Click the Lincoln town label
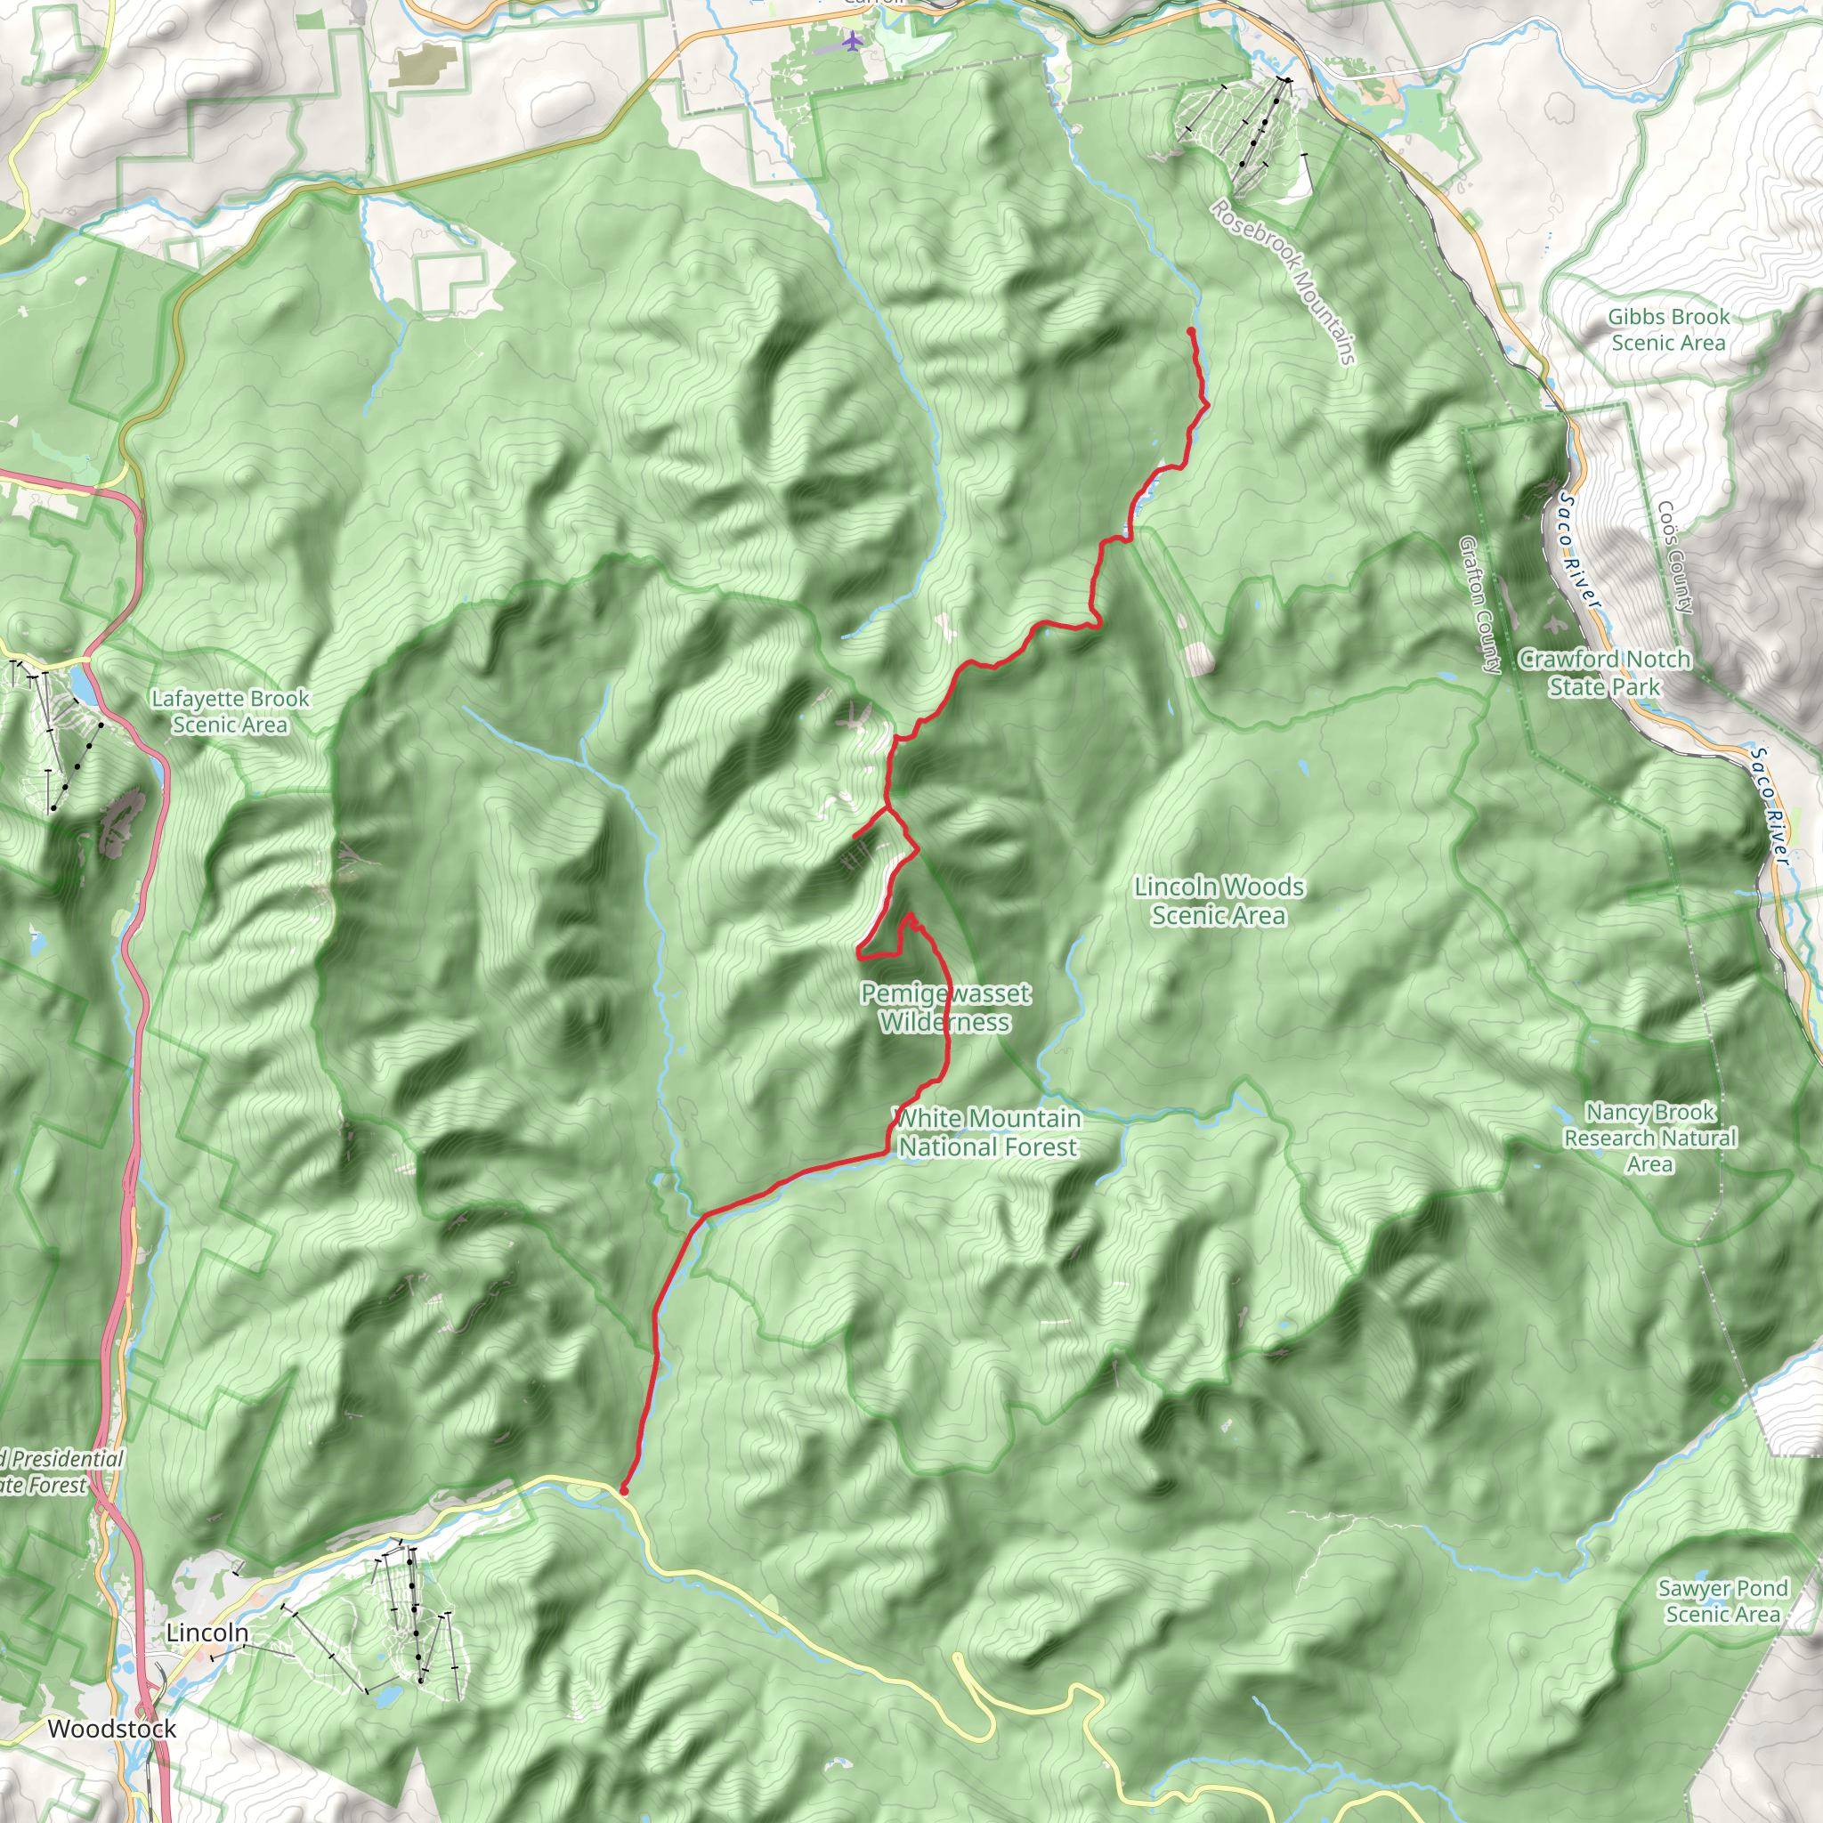[207, 1632]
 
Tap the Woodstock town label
[111, 1728]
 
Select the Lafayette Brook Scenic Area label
[231, 711]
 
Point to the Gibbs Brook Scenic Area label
[1668, 329]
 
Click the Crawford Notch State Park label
[1603, 672]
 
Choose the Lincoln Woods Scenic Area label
[1219, 900]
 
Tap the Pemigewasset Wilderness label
[944, 1007]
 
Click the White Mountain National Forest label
[987, 1132]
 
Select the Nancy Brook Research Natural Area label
[1649, 1138]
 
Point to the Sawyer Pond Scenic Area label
[1722, 1600]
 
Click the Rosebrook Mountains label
[1284, 281]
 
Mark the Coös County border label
[1675, 556]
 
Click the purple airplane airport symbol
[853, 42]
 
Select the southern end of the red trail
[624, 1490]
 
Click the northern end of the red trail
[1191, 330]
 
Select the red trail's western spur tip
[855, 836]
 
